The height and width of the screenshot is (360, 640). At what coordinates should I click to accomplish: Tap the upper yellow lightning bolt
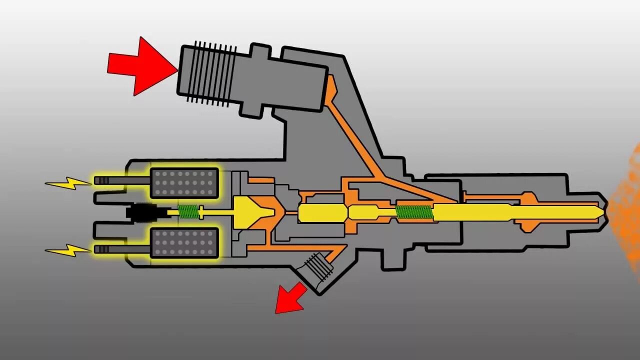coord(67,183)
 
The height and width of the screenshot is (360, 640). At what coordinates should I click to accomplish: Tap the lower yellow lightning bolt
coord(67,249)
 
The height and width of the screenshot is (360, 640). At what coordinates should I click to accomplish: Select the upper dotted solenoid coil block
coord(184,183)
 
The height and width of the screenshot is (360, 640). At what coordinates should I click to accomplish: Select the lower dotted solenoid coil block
coord(184,243)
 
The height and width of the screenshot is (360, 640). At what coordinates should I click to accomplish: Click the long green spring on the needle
coord(413,212)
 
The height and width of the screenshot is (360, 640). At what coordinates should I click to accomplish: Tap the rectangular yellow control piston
coord(322,213)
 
